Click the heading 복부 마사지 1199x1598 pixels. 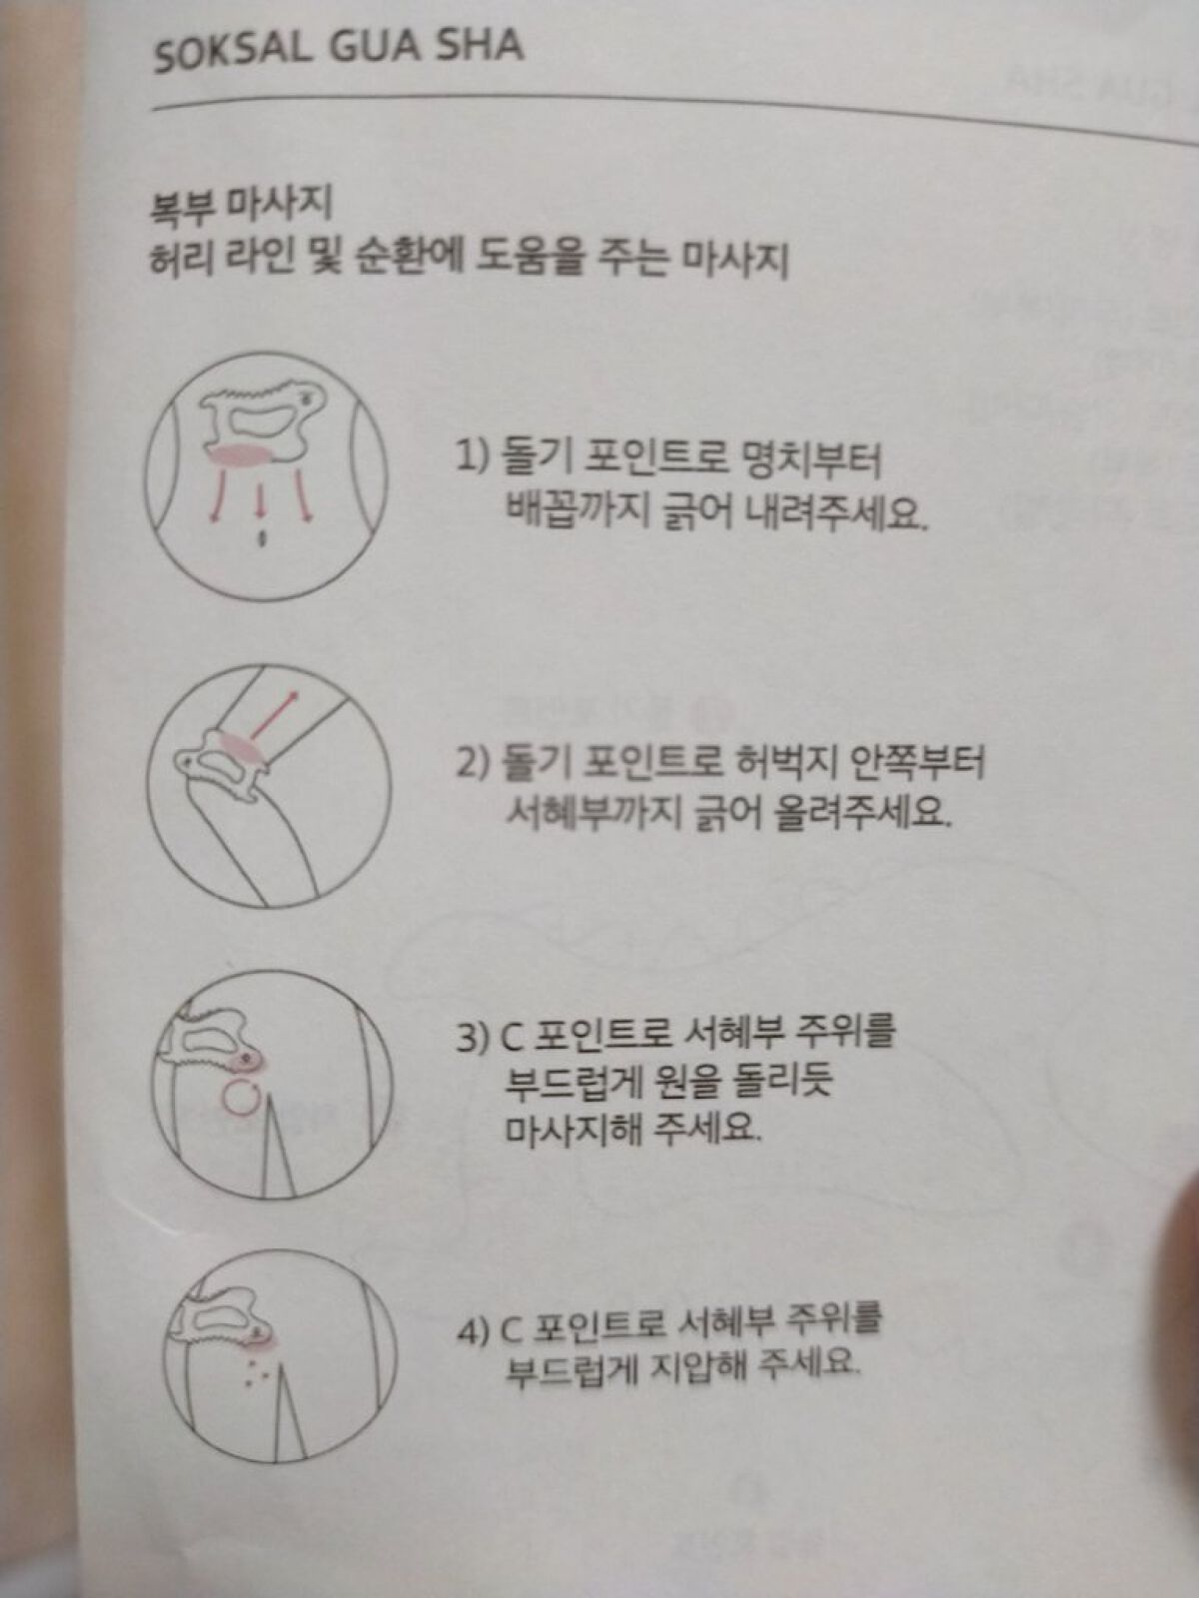point(240,206)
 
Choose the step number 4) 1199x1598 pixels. point(475,1331)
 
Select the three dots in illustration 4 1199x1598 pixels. point(256,1370)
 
